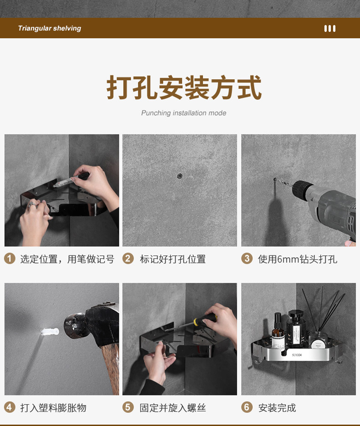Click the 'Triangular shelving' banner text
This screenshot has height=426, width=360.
click(x=50, y=28)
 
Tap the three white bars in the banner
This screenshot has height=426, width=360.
click(x=330, y=29)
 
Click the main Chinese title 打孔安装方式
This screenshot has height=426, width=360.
click(x=184, y=87)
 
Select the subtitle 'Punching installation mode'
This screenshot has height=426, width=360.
click(x=184, y=113)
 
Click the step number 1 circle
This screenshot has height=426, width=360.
click(x=10, y=258)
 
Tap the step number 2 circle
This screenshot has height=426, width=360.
click(x=128, y=258)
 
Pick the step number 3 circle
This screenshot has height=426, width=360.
click(x=247, y=258)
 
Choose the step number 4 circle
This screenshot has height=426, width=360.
click(x=10, y=407)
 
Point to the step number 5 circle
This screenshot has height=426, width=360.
click(x=128, y=407)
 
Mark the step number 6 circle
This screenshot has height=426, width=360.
click(x=247, y=407)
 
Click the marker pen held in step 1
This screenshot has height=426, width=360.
click(x=71, y=180)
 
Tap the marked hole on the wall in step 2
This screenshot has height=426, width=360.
click(x=180, y=176)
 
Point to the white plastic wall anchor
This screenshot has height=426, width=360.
click(x=50, y=332)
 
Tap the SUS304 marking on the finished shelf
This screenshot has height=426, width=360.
click(x=297, y=355)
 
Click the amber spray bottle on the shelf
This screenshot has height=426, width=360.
click(x=278, y=331)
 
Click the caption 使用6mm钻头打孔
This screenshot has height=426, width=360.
click(x=298, y=259)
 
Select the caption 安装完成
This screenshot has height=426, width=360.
click(x=277, y=408)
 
